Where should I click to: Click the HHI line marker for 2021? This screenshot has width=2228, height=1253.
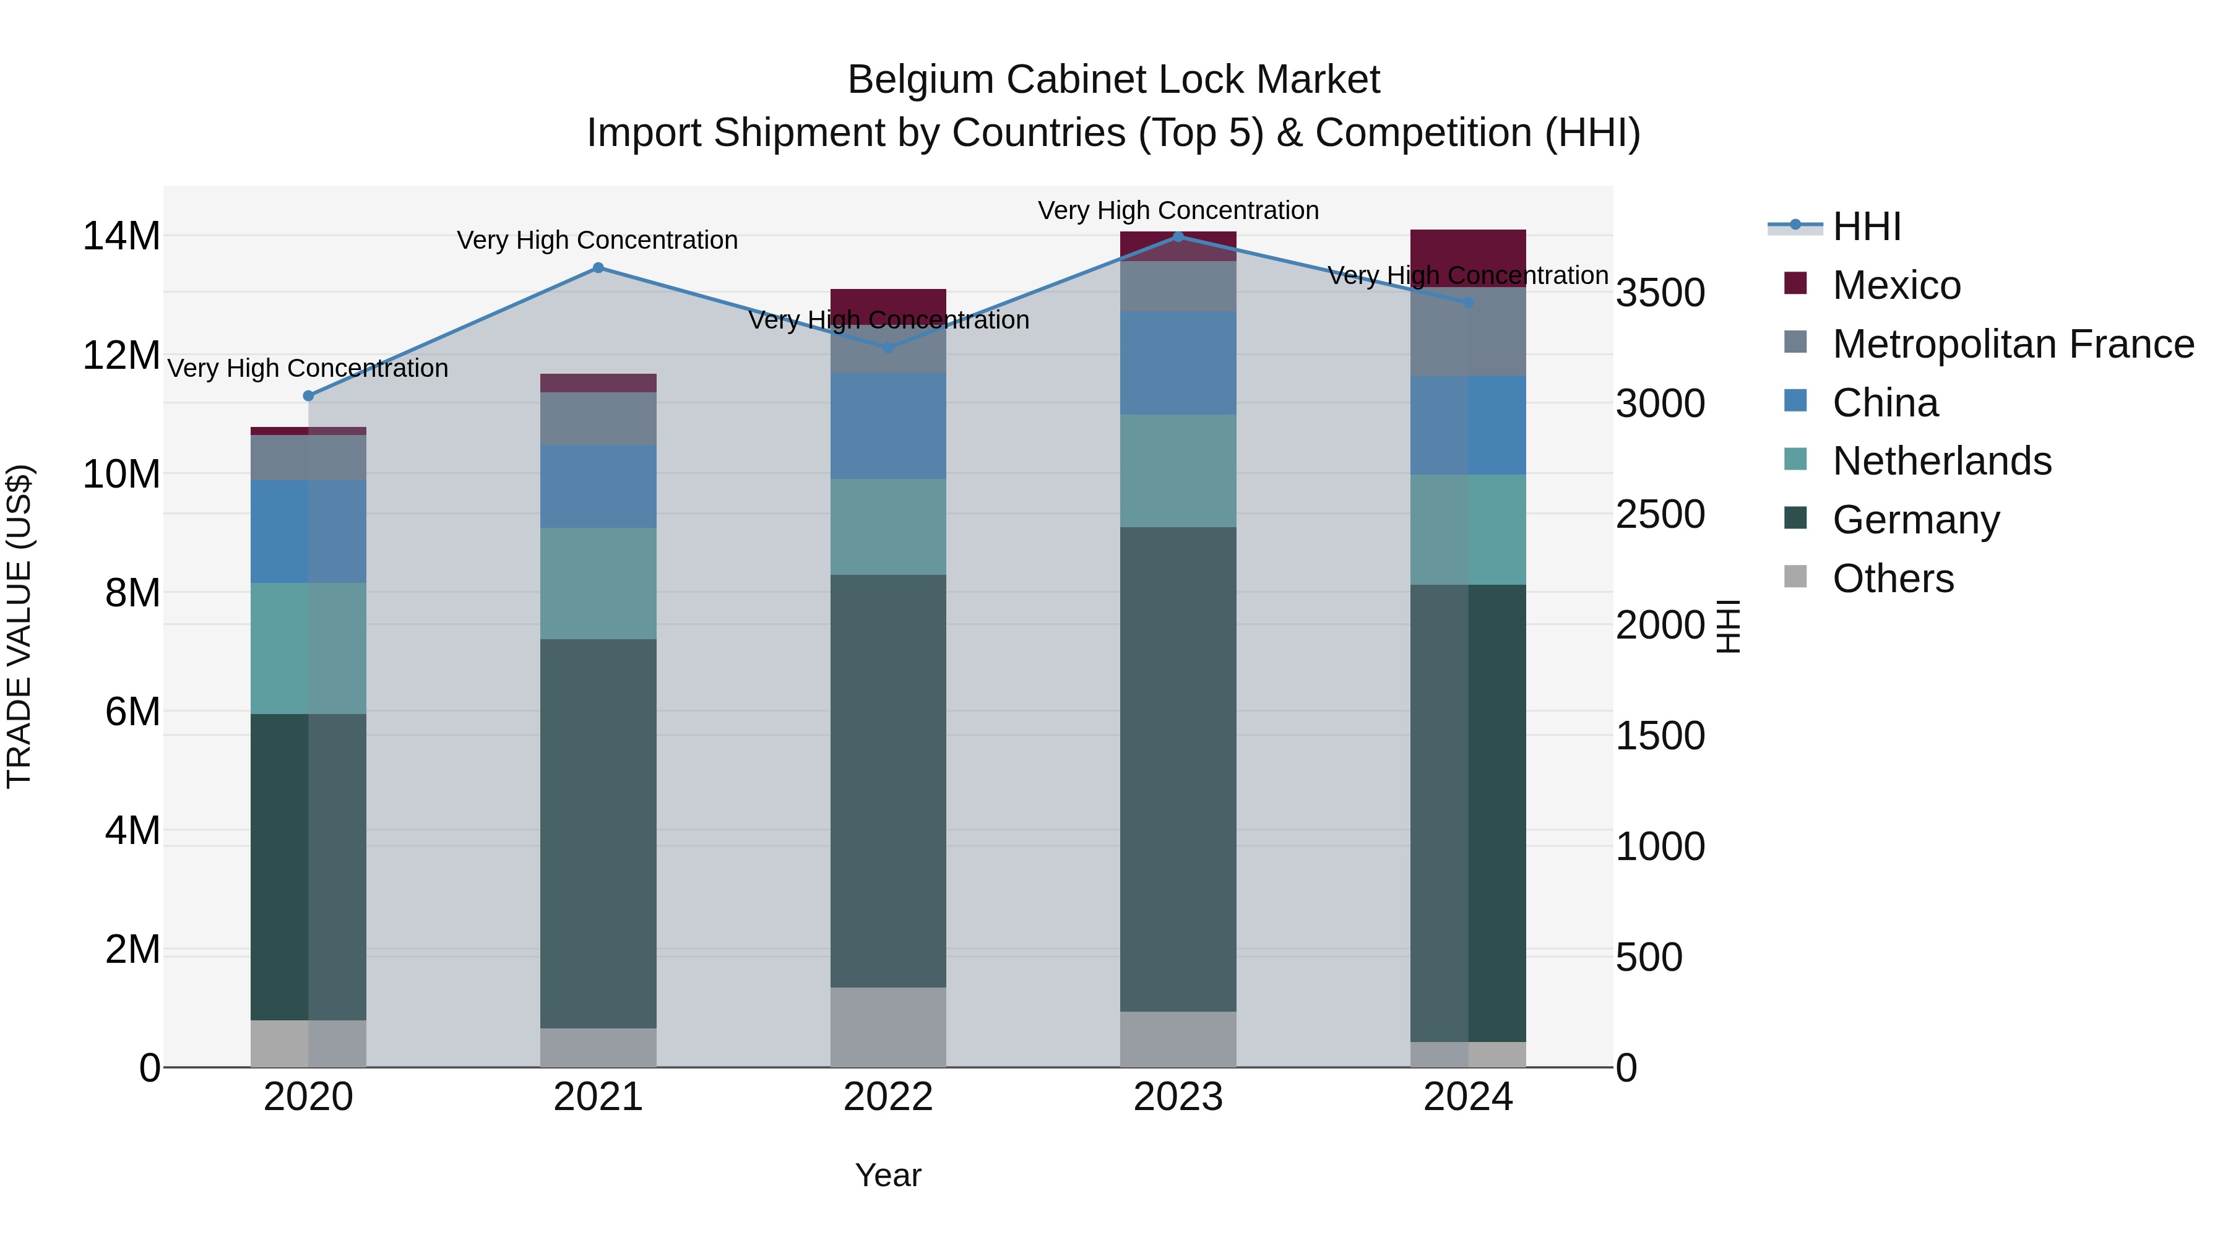[x=598, y=268]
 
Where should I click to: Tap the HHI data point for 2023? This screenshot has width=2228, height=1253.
[x=1177, y=236]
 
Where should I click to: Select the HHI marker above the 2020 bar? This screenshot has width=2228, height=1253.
[x=309, y=396]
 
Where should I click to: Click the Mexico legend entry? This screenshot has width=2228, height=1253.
[x=1896, y=285]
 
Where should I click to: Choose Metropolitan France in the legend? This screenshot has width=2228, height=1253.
[x=2013, y=344]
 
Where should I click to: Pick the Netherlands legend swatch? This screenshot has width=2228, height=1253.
[x=1795, y=461]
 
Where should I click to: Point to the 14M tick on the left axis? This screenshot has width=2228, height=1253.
[x=121, y=236]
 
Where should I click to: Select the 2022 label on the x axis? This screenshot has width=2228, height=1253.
[x=887, y=1097]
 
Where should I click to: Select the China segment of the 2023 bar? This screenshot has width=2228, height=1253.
[x=1177, y=363]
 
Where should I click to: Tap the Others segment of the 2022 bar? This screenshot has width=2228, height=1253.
[x=887, y=1027]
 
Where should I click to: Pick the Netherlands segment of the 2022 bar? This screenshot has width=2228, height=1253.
[x=887, y=527]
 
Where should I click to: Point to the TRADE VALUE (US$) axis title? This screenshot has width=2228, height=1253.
[x=19, y=626]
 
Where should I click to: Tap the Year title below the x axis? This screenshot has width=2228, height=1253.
[x=887, y=1175]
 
